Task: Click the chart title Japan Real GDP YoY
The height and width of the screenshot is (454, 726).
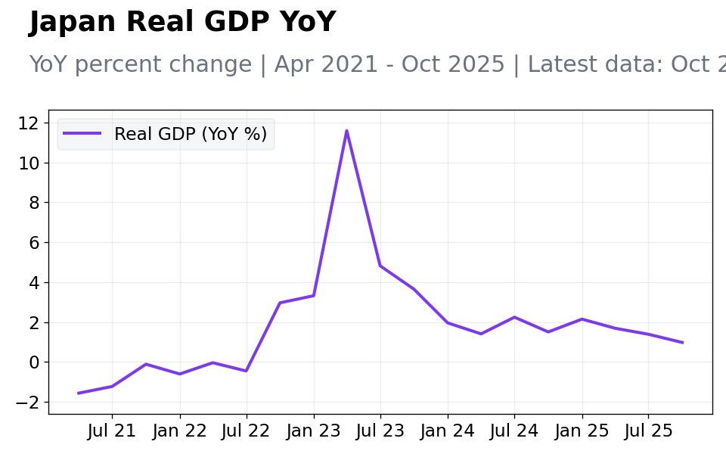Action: (182, 22)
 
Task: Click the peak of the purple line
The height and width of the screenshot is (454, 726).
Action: (347, 131)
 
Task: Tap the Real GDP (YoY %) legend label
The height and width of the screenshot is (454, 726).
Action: (191, 134)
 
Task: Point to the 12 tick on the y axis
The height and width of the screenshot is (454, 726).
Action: (28, 123)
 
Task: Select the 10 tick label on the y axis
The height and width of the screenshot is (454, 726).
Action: (28, 163)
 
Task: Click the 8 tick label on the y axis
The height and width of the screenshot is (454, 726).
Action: (34, 203)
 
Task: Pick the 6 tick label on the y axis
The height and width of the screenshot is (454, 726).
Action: (34, 243)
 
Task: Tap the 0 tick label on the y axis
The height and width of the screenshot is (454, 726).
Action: (34, 362)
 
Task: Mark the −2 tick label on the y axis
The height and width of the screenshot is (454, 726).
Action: (27, 402)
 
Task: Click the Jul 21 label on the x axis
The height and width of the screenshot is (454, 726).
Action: (112, 431)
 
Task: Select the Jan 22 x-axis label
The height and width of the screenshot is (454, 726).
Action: (180, 431)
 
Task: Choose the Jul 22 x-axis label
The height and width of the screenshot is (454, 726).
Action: (246, 431)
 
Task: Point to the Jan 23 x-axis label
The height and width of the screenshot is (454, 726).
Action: (314, 431)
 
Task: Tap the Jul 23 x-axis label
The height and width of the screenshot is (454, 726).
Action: (380, 431)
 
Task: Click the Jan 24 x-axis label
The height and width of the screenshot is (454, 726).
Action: (448, 431)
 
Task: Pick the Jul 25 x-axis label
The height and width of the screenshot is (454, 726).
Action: (648, 431)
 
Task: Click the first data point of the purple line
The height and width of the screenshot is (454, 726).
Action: (78, 393)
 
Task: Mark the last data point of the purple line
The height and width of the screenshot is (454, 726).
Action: (682, 343)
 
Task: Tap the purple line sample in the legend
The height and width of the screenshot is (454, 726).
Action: (82, 133)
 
